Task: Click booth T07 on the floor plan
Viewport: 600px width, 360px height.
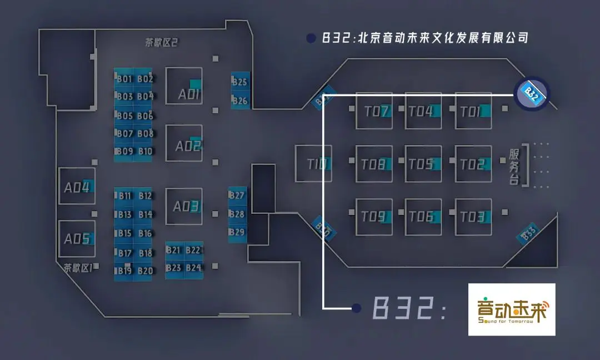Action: (374, 111)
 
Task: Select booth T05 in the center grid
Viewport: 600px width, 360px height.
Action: (423, 164)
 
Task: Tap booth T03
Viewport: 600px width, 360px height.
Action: (473, 217)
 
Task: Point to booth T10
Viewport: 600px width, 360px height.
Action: (313, 164)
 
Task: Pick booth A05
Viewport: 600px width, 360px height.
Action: (77, 239)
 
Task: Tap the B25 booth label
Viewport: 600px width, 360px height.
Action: (240, 82)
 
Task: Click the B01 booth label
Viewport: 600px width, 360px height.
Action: (124, 79)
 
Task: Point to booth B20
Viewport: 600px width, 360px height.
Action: (145, 271)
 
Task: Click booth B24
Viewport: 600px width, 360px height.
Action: (193, 268)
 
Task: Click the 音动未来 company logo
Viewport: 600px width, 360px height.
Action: (512, 309)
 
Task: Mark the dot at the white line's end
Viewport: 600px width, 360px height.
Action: (356, 308)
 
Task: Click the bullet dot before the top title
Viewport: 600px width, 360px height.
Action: (311, 38)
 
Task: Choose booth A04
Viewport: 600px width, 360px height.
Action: (77, 187)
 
